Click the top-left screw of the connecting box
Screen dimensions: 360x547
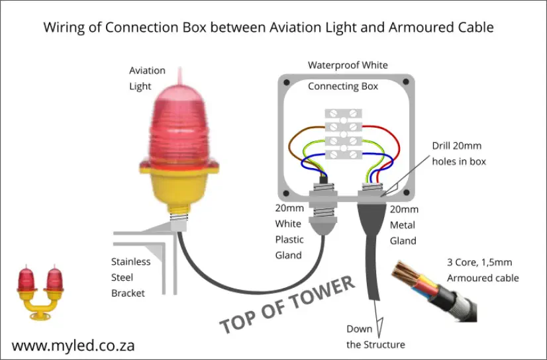[x=285, y=83]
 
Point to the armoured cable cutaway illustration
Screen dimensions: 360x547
[x=431, y=291]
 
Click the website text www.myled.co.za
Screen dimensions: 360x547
[x=74, y=345]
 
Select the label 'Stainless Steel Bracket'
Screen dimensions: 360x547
[x=130, y=277]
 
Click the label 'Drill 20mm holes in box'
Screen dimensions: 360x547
[x=459, y=153]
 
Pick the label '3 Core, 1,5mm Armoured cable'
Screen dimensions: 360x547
[x=482, y=270]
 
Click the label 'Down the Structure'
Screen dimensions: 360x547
[x=375, y=336]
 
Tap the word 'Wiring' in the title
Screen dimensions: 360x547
[x=64, y=28]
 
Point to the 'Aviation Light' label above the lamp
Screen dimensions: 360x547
[x=147, y=78]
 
